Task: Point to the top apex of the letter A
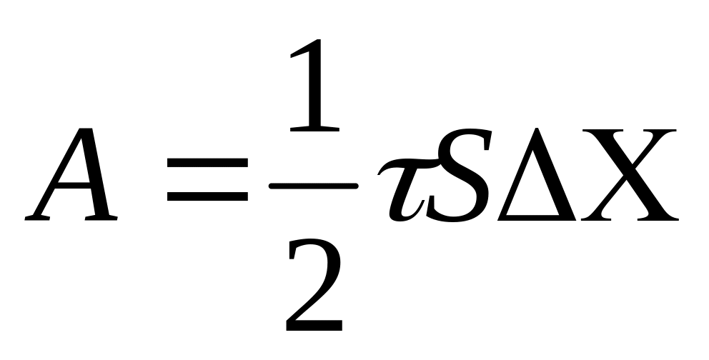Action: point(93,131)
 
